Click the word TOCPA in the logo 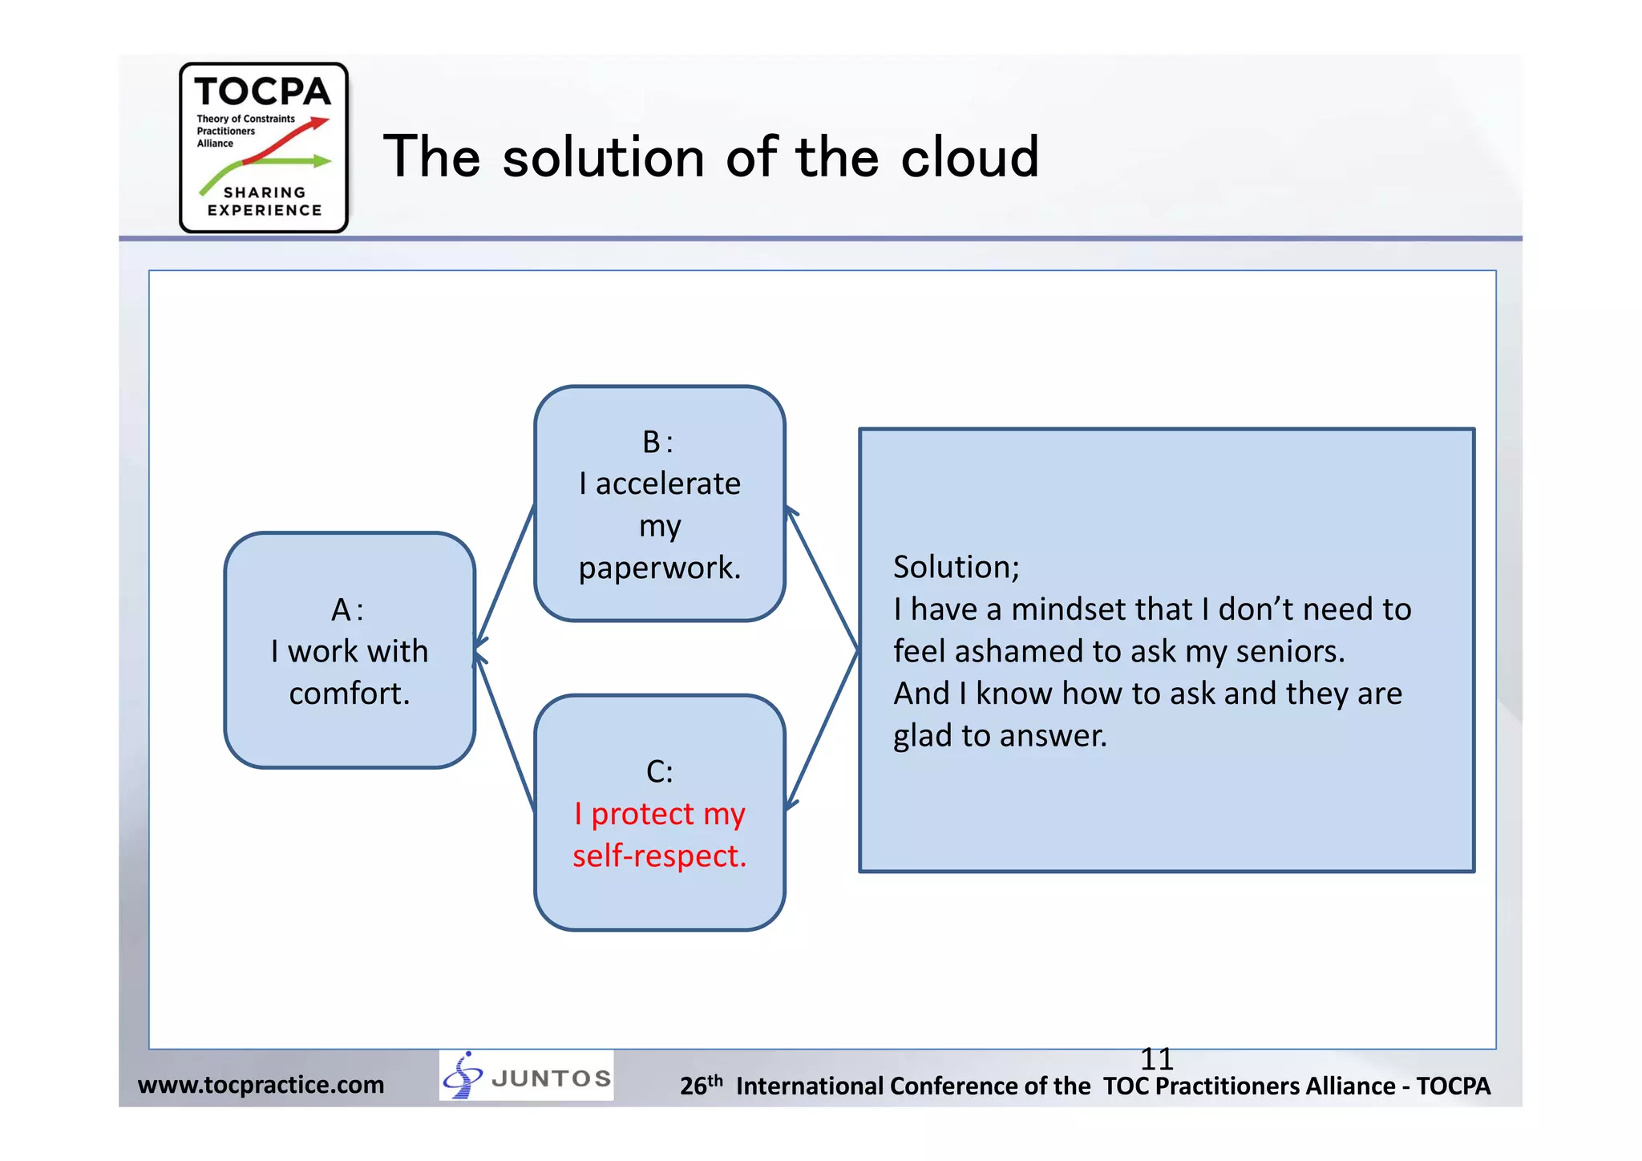262,92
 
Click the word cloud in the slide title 969,157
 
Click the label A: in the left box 348,610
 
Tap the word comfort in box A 349,694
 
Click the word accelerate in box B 668,484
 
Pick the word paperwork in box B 659,568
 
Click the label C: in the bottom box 659,771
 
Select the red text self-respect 659,856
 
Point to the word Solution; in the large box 956,567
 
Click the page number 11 1156,1059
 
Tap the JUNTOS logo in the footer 527,1076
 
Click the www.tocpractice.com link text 261,1085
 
